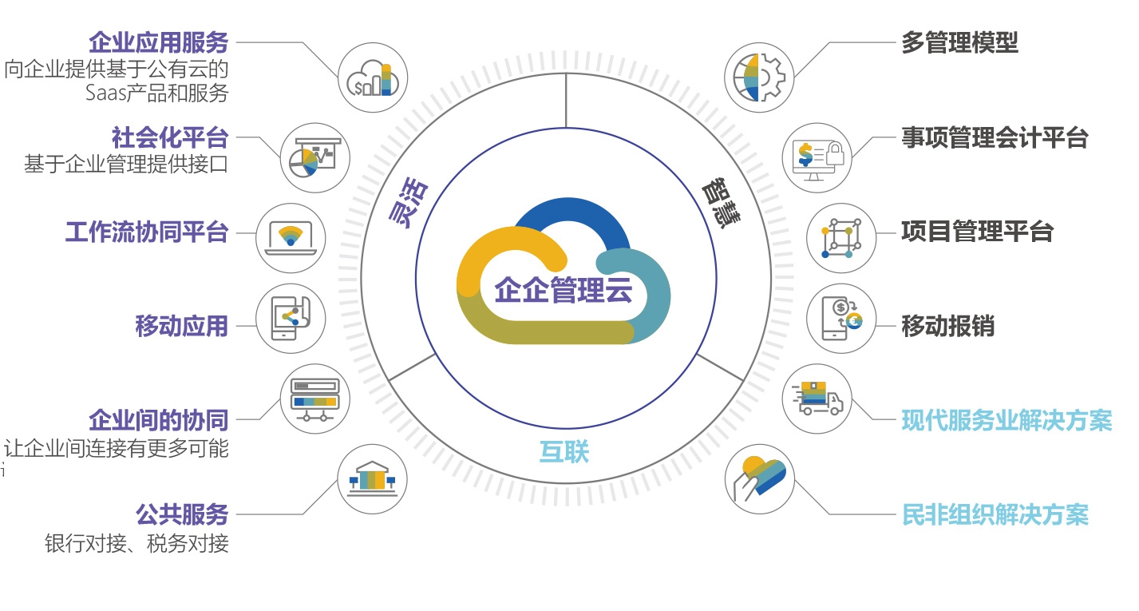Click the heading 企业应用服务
pyautogui.click(x=159, y=41)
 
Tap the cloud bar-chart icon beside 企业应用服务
pyautogui.click(x=373, y=77)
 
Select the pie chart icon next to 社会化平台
pyautogui.click(x=315, y=157)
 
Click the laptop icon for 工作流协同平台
pyautogui.click(x=291, y=237)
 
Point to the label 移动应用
pyautogui.click(x=182, y=326)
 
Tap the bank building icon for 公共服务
pyautogui.click(x=373, y=478)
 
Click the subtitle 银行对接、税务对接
pyautogui.click(x=136, y=544)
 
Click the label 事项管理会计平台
pyautogui.click(x=994, y=137)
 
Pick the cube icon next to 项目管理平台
pyautogui.click(x=842, y=237)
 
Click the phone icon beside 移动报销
pyautogui.click(x=842, y=318)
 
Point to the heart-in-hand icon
pyautogui.click(x=759, y=478)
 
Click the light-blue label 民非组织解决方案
pyautogui.click(x=995, y=515)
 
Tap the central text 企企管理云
pyautogui.click(x=564, y=291)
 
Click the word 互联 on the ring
pyautogui.click(x=564, y=452)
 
